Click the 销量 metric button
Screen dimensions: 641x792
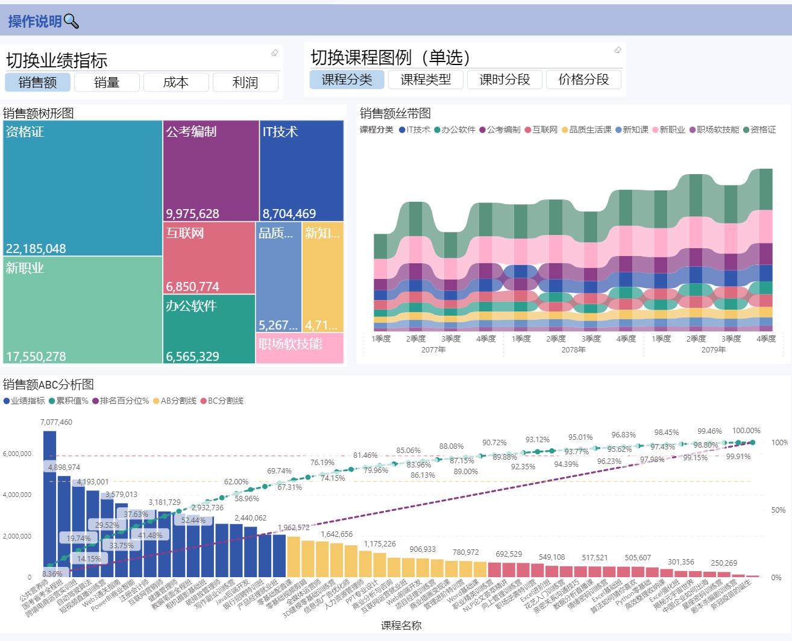(x=107, y=83)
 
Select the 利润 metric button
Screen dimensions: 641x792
(x=245, y=83)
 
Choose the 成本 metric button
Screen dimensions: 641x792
(x=176, y=83)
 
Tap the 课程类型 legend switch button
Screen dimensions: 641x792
(x=426, y=80)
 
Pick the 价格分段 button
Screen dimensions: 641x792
(x=583, y=80)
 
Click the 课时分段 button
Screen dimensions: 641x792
(x=504, y=80)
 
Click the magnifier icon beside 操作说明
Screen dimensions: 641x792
(x=71, y=22)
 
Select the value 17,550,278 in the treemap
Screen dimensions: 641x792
(x=36, y=357)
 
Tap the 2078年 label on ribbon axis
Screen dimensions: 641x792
(x=573, y=349)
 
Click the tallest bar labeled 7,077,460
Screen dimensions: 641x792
(x=49, y=503)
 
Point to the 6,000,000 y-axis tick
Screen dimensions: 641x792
(x=17, y=454)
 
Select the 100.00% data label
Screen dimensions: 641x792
(x=746, y=431)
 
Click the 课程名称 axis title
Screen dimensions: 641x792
(x=401, y=625)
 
